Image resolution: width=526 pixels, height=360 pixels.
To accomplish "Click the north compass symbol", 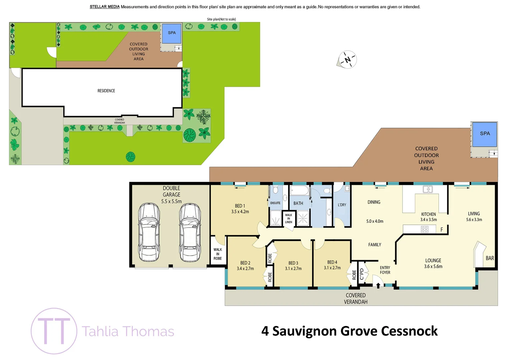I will (x=348, y=60).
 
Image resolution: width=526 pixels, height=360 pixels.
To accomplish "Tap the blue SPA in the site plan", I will (x=171, y=33).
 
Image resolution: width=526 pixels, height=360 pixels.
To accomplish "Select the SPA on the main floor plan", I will (x=485, y=134).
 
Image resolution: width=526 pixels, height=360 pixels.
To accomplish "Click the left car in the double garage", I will (x=149, y=232).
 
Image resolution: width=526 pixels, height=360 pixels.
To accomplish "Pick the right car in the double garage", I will (x=190, y=232).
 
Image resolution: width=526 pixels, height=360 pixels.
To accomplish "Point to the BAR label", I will (x=490, y=258).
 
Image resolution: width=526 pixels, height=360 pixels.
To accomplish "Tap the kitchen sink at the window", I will (x=428, y=189).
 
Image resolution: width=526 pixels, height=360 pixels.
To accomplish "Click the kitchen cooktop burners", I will (x=424, y=229).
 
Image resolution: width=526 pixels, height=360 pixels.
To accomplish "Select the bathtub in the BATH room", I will (x=299, y=191).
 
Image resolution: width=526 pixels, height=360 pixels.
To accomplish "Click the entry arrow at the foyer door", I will (x=378, y=285).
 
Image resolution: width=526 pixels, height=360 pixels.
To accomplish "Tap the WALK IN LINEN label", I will (x=289, y=219).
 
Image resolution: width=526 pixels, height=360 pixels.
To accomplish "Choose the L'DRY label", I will (x=342, y=205).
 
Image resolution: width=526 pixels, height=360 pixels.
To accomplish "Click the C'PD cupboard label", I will (x=362, y=274).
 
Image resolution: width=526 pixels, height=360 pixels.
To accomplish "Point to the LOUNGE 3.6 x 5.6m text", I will (x=433, y=263).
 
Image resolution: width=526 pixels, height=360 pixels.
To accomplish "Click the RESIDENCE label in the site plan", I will (x=106, y=91).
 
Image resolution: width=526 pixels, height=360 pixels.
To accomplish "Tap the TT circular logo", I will (x=54, y=331).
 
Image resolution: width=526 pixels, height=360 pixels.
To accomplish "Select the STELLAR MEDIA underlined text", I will (x=104, y=7).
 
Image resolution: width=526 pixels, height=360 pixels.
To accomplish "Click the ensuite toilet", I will (x=276, y=190).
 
